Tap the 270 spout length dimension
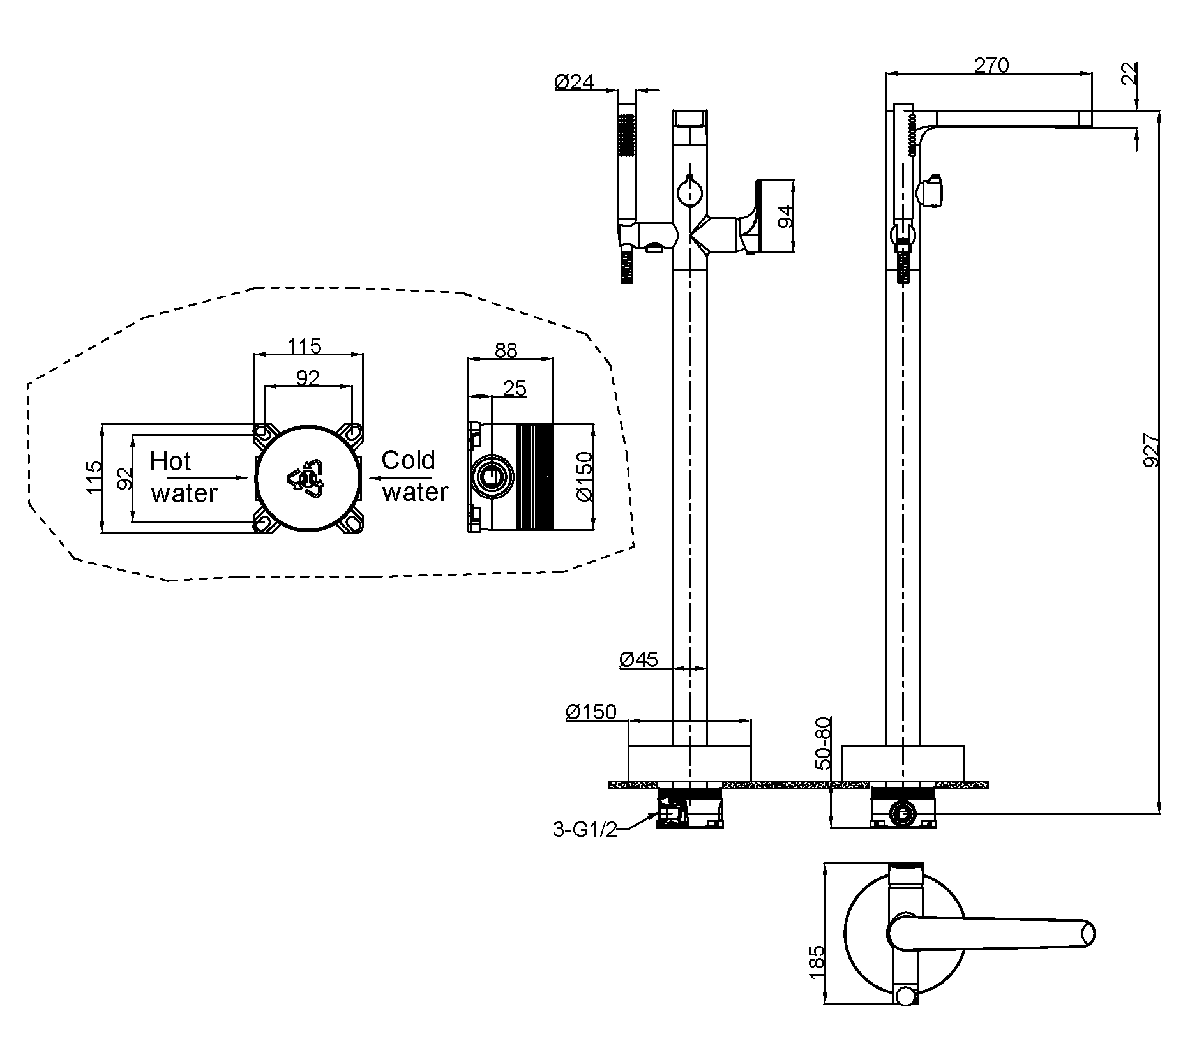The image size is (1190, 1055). [x=991, y=65]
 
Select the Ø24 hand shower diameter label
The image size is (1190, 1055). [x=574, y=82]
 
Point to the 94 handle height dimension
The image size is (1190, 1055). [x=786, y=217]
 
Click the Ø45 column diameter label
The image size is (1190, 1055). [x=638, y=659]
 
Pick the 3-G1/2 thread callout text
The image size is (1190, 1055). [x=585, y=830]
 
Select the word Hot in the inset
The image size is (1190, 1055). [x=170, y=461]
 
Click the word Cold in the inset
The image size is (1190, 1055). [x=408, y=460]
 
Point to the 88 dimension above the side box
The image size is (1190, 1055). [x=506, y=350]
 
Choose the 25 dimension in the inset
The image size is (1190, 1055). [x=515, y=388]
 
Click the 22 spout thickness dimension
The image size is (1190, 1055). [x=1129, y=73]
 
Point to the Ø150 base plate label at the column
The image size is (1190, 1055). [x=591, y=711]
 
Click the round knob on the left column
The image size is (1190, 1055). [x=689, y=190]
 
